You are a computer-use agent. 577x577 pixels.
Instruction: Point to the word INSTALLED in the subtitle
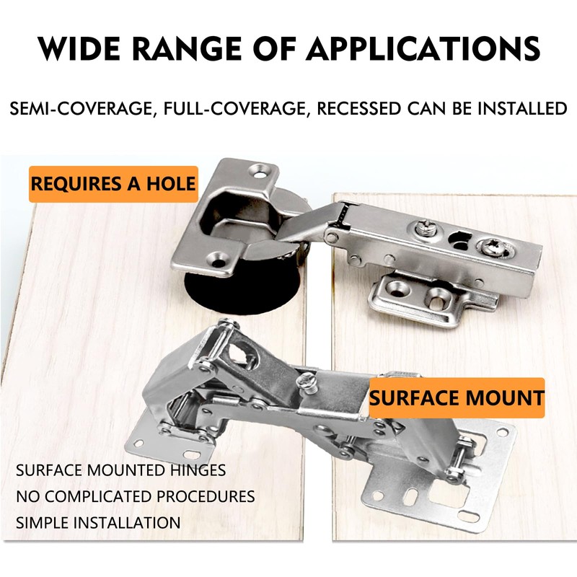(x=520, y=109)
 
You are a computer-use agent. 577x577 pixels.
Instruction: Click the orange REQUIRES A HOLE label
(x=113, y=184)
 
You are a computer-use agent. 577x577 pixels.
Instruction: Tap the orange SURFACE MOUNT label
(x=457, y=397)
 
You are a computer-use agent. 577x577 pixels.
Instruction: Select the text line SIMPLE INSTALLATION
(x=98, y=522)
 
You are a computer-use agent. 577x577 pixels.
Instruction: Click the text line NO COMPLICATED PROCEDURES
(x=136, y=497)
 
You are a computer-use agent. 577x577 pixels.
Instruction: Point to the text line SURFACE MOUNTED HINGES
(x=121, y=471)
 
